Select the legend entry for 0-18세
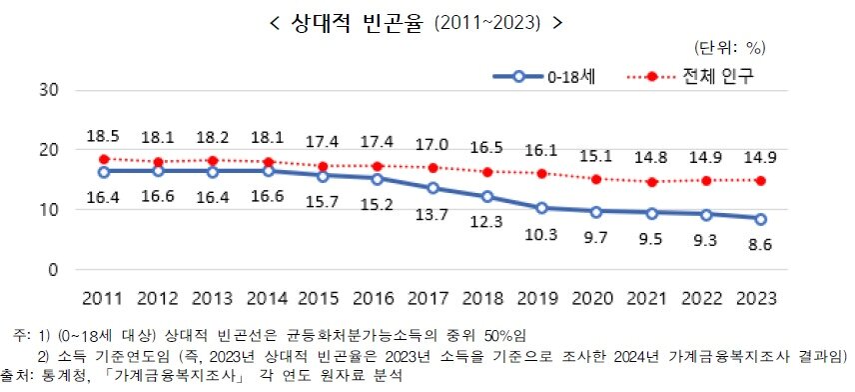(x=568, y=76)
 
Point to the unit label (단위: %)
(x=727, y=47)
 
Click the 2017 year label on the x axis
(x=433, y=299)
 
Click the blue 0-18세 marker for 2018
(x=487, y=196)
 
